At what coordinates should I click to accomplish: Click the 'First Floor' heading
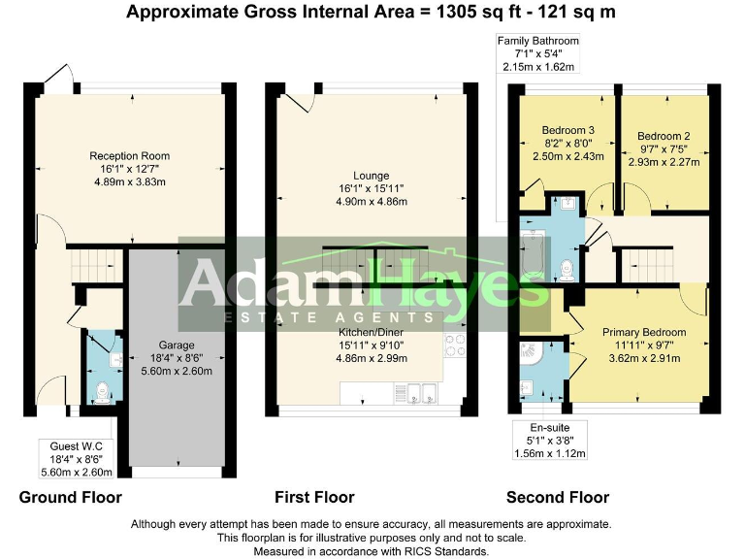(x=314, y=498)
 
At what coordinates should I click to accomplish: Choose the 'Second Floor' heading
(x=558, y=498)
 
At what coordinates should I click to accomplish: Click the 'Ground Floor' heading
(x=71, y=498)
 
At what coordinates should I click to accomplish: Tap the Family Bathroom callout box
(x=537, y=53)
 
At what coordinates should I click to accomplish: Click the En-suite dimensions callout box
(x=550, y=439)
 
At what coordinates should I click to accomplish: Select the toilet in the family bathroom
(x=567, y=265)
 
